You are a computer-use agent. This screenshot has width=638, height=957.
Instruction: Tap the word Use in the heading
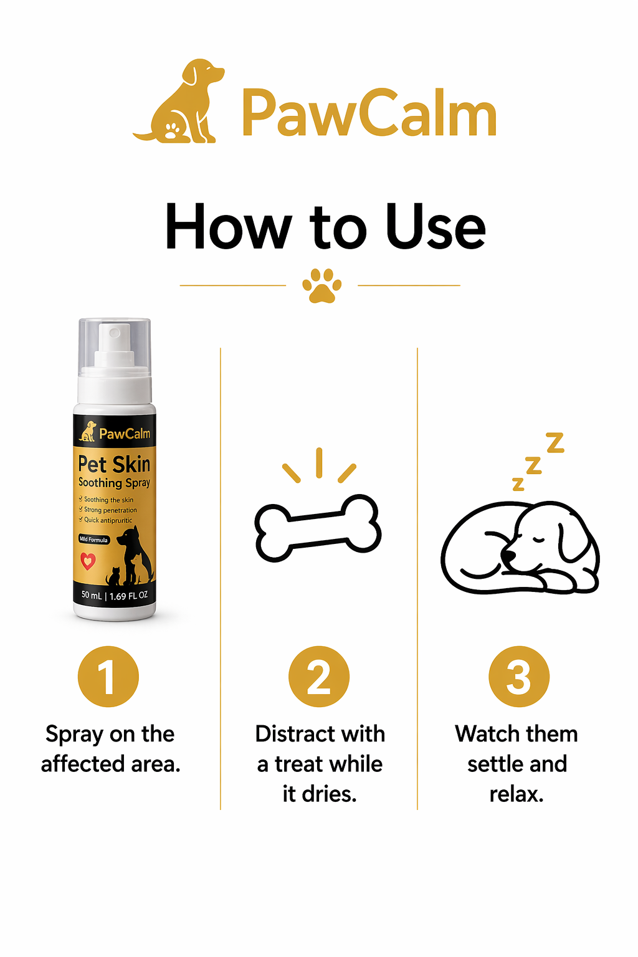coord(436,227)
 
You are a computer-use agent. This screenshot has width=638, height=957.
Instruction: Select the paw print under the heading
coord(321,285)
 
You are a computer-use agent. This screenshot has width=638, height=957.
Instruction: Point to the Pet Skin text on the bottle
coord(114,464)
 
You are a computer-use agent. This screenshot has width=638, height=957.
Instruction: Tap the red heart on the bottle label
coord(88,561)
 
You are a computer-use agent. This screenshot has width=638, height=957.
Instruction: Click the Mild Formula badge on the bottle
coord(93,540)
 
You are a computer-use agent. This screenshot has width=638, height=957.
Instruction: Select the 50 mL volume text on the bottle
coord(91,595)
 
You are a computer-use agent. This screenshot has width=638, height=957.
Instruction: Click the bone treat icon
coord(318,528)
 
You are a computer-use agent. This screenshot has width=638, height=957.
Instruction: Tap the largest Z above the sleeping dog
coord(555,442)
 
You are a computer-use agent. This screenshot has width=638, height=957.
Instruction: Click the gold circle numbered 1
coord(108,677)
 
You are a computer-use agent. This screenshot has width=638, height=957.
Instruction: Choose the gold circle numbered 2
coord(319,677)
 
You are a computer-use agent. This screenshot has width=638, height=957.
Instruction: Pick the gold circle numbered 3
coord(518,677)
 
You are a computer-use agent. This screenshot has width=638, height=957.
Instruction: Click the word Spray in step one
coord(74,735)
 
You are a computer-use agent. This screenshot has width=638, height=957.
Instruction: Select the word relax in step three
coord(516,794)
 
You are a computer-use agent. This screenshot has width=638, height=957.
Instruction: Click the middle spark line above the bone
coord(319,462)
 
